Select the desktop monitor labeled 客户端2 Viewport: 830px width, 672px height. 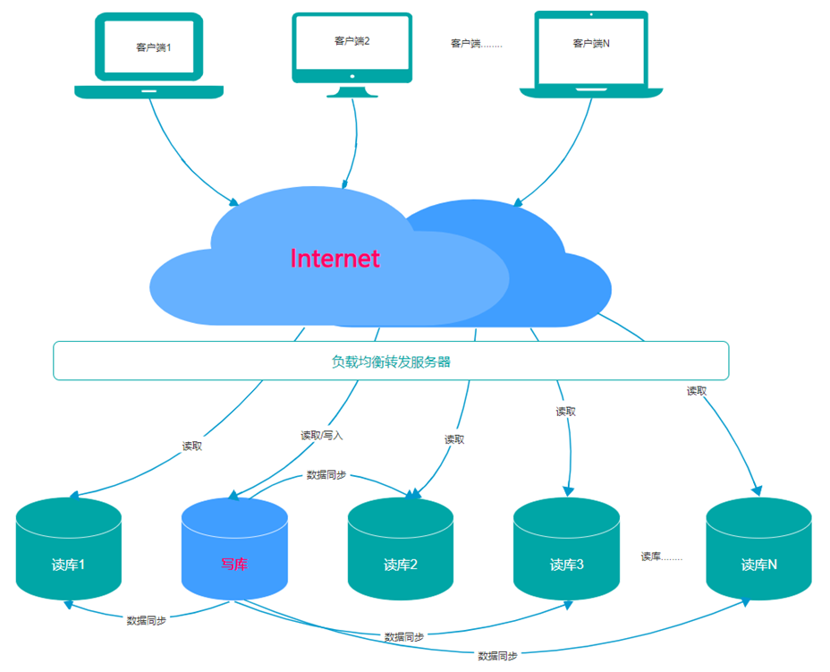(x=351, y=45)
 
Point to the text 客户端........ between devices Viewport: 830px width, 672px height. (x=476, y=43)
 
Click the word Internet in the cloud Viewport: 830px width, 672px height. (x=335, y=259)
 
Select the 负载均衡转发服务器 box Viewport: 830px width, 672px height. (x=391, y=362)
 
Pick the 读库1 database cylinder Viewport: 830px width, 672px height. (x=69, y=549)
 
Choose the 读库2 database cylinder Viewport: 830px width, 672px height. (x=401, y=549)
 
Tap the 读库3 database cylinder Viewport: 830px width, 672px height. (x=566, y=549)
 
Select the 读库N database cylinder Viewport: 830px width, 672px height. (x=758, y=549)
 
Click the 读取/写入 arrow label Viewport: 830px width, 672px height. (x=321, y=436)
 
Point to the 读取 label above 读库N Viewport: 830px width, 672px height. (x=697, y=391)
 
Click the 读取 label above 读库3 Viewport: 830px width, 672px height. (x=565, y=412)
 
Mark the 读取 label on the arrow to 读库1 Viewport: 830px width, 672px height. (x=192, y=446)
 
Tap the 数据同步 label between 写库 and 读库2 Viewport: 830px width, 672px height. (x=327, y=475)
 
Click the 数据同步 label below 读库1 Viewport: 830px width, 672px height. (x=146, y=620)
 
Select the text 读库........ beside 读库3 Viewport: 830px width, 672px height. (x=661, y=557)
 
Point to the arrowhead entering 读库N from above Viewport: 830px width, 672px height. (x=758, y=490)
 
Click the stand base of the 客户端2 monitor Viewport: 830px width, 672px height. (x=351, y=92)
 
